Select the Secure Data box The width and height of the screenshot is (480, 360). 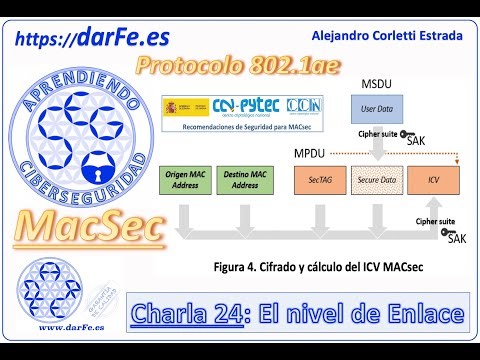(376, 181)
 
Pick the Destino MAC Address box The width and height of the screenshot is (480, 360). (245, 180)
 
